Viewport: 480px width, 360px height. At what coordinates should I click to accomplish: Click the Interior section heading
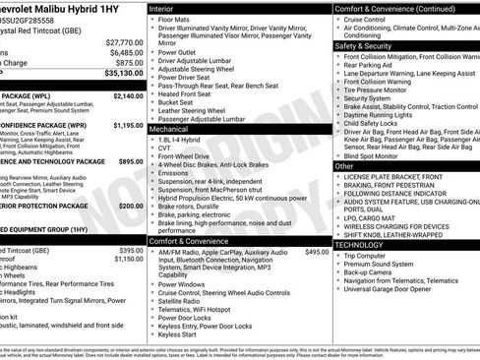[167, 7]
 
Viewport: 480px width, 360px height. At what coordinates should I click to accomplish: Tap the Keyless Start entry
[181, 334]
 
